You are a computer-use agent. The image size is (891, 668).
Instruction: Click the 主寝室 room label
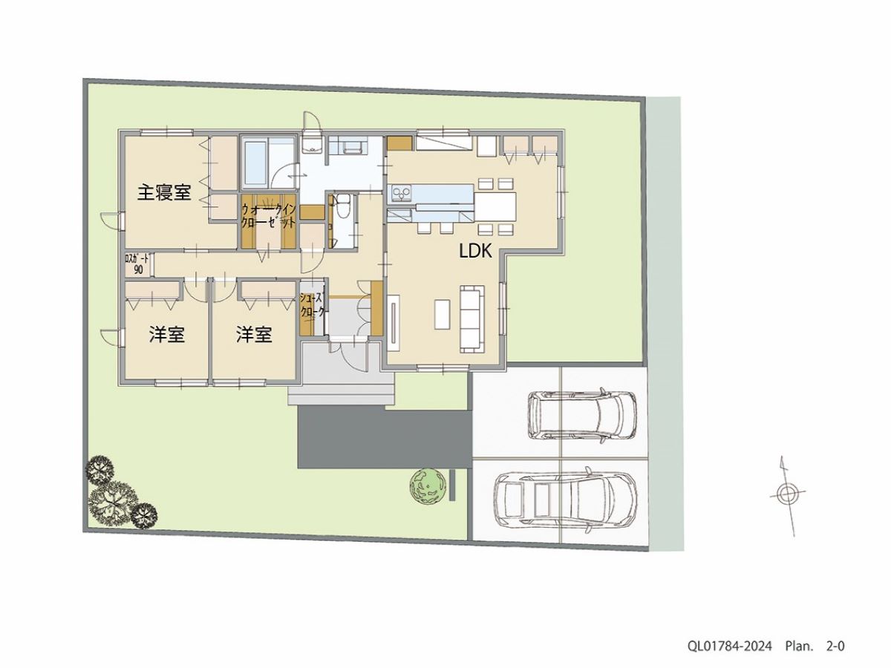[x=164, y=193]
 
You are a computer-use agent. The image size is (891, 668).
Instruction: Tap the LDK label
[x=475, y=252]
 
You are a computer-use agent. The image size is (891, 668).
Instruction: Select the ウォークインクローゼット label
[x=269, y=216]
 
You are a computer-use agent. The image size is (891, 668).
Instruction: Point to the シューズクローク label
[x=313, y=305]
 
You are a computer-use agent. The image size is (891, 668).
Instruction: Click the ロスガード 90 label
[x=137, y=264]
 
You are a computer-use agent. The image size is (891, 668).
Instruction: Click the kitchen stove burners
[x=401, y=194]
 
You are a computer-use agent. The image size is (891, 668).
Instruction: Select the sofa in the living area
[x=472, y=319]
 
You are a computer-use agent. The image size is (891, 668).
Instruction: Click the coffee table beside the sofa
[x=442, y=314]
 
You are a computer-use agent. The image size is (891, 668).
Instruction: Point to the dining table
[x=495, y=206]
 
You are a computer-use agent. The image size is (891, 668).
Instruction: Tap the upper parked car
[x=582, y=415]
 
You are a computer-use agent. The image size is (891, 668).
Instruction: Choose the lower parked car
[x=565, y=500]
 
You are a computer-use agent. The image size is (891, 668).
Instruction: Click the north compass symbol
[x=787, y=496]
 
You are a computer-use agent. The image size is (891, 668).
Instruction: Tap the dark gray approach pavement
[x=384, y=439]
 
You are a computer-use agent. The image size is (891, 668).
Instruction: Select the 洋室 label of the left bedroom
[x=167, y=335]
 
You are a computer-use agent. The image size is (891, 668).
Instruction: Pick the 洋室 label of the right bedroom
[x=254, y=335]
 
